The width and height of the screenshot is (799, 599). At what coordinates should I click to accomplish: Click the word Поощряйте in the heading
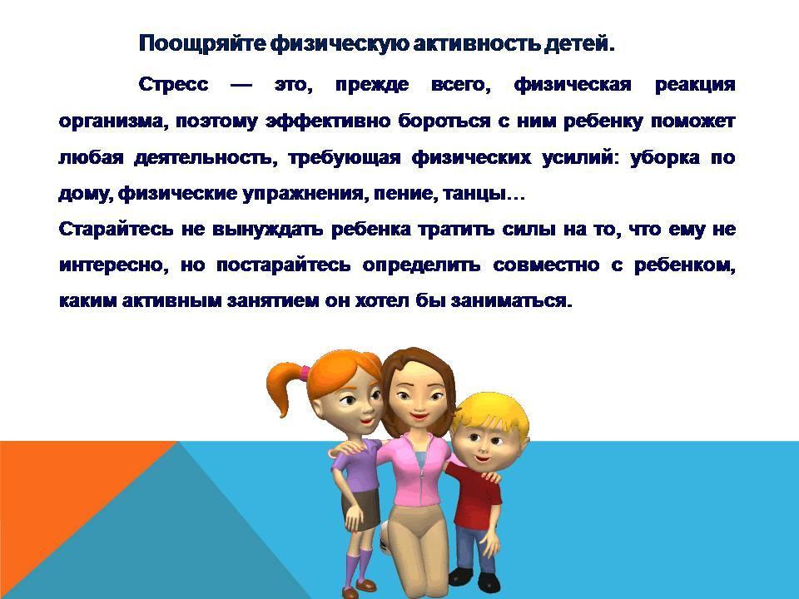tap(202, 43)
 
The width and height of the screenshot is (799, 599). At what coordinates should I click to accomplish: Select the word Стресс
tap(173, 84)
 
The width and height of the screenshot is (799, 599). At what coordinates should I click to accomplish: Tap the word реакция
tap(695, 85)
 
